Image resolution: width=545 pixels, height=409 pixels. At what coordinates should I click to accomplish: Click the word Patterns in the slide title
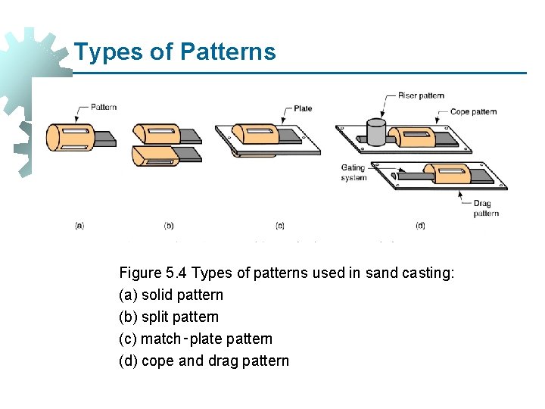pyautogui.click(x=228, y=52)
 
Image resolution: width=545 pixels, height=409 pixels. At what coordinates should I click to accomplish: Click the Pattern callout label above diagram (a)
pyautogui.click(x=104, y=107)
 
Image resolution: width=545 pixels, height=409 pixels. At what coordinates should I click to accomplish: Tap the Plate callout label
pyautogui.click(x=303, y=108)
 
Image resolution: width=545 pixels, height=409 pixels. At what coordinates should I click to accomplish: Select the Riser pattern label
pyautogui.click(x=421, y=95)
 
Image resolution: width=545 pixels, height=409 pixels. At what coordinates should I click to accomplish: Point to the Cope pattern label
pyautogui.click(x=473, y=111)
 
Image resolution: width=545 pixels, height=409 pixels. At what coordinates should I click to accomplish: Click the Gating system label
pyautogui.click(x=353, y=173)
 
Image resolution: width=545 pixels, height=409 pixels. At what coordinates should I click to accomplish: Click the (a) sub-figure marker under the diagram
pyautogui.click(x=79, y=225)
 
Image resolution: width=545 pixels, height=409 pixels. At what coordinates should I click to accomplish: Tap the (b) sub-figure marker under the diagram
pyautogui.click(x=169, y=225)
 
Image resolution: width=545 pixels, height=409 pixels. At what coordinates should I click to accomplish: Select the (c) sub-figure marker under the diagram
pyautogui.click(x=280, y=225)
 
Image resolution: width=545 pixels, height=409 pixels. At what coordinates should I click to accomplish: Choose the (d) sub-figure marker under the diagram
pyautogui.click(x=420, y=225)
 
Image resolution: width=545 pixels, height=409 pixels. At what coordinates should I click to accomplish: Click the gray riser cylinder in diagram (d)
pyautogui.click(x=376, y=131)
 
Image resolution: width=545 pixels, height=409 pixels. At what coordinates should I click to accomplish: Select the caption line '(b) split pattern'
pyautogui.click(x=169, y=317)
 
